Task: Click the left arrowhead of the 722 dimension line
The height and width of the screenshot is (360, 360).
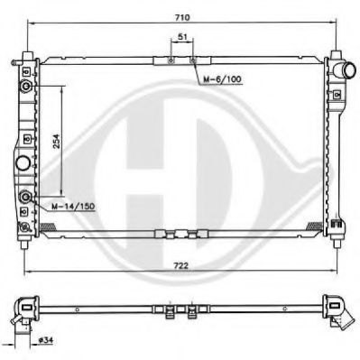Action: click(25, 273)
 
